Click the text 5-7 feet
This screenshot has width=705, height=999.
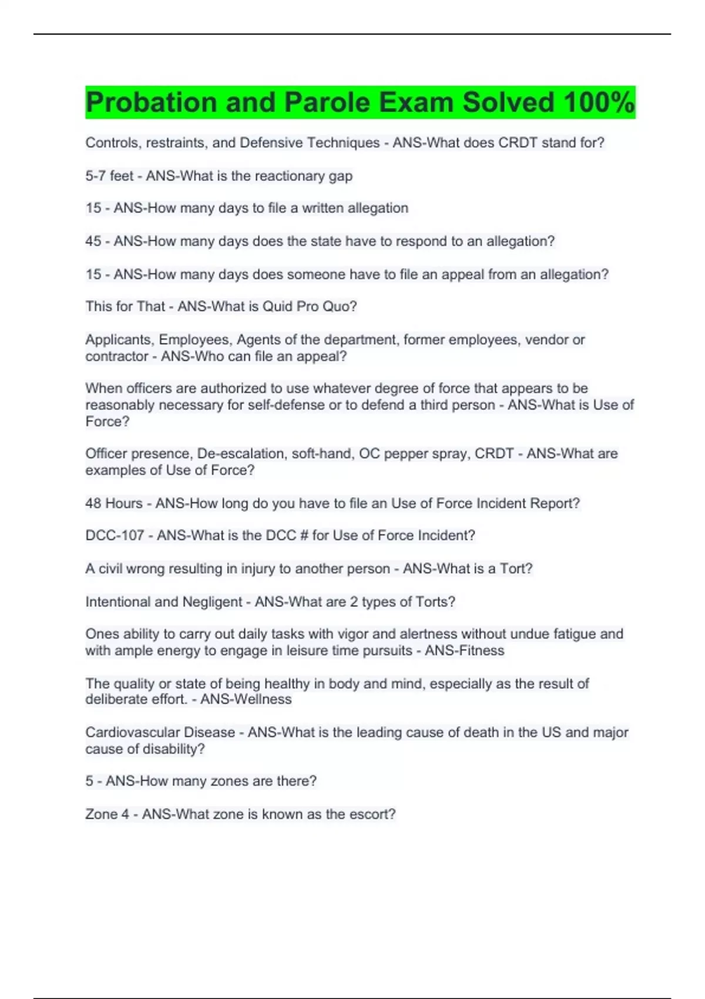pos(109,176)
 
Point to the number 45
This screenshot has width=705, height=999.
pos(93,241)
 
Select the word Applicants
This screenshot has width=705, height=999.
pos(120,340)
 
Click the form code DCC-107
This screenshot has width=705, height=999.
pos(115,535)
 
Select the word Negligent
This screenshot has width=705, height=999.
pos(212,602)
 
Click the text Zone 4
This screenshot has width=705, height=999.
pos(107,814)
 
